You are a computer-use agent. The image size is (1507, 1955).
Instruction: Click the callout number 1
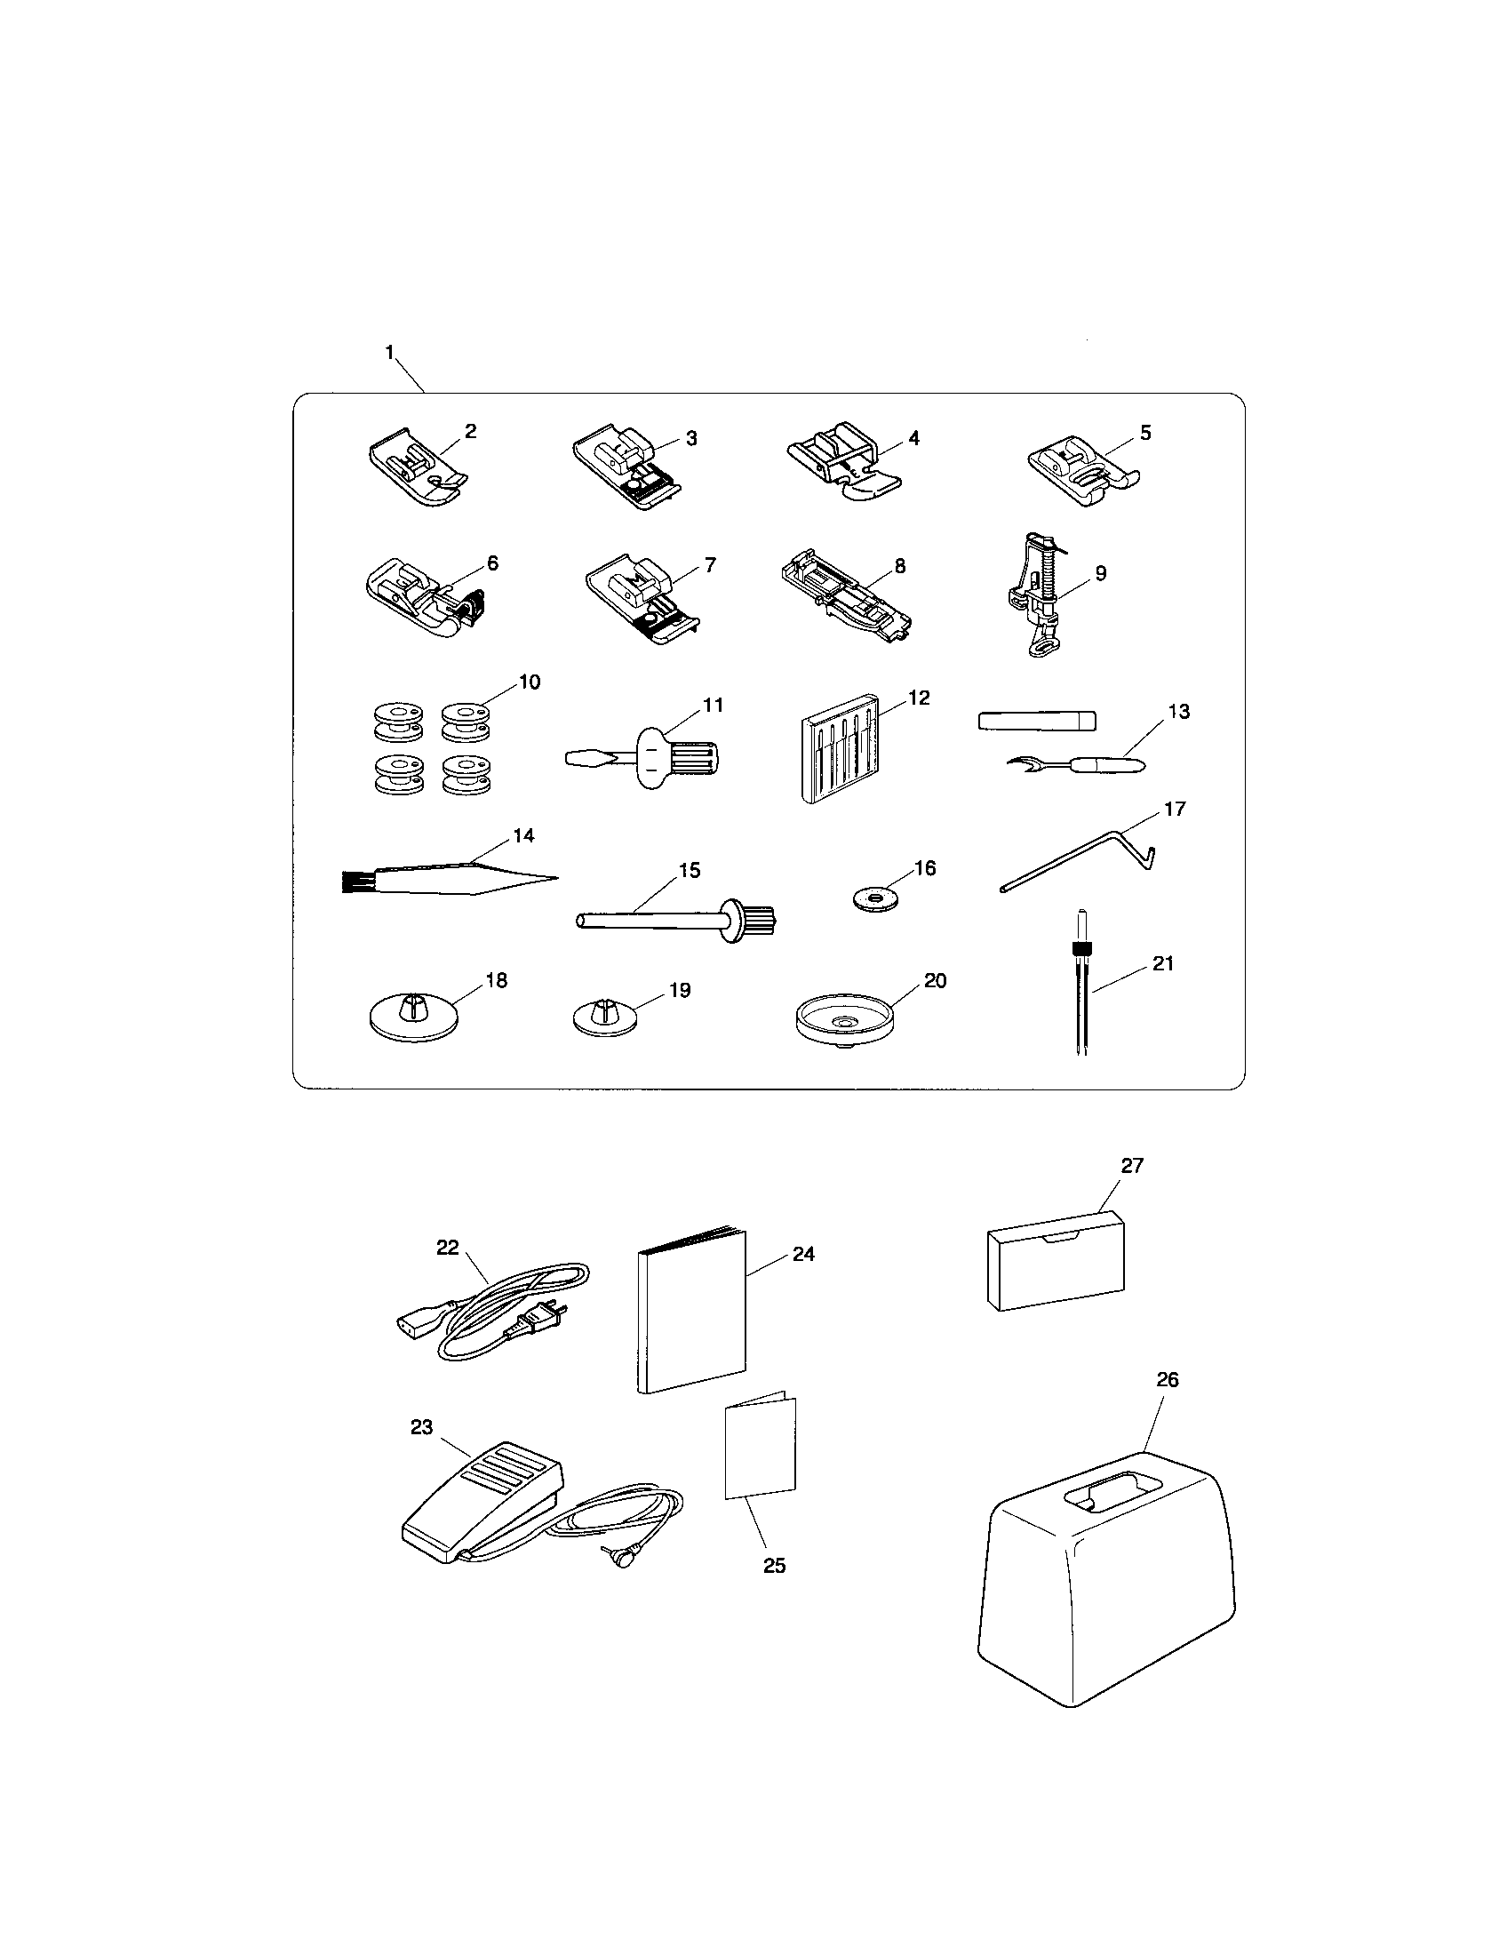coord(389,353)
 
